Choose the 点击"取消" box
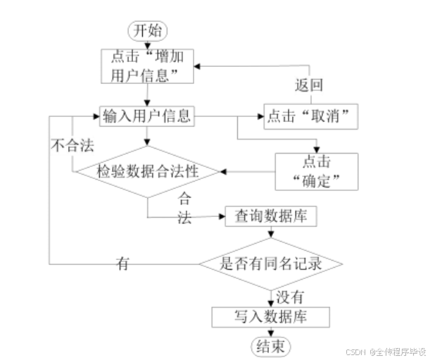[x=309, y=116]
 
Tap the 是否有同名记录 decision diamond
[x=271, y=264]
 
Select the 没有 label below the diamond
[x=289, y=295]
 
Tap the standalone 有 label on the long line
[x=123, y=264]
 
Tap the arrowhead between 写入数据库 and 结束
[x=270, y=333]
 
